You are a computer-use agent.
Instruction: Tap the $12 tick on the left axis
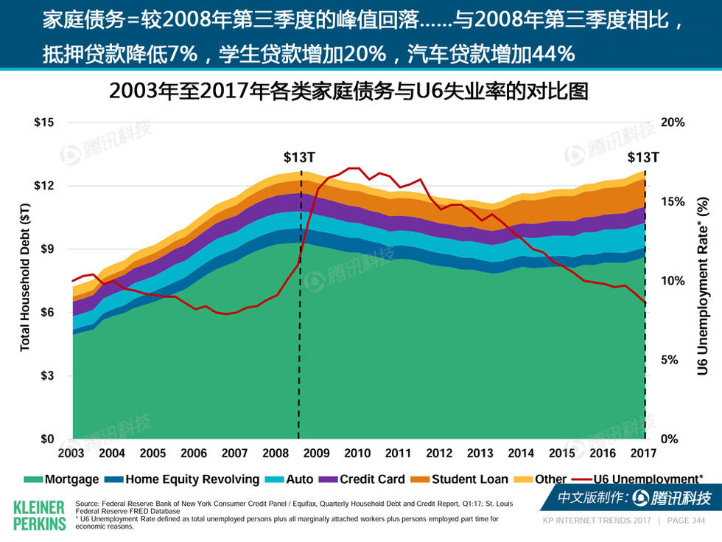(x=45, y=186)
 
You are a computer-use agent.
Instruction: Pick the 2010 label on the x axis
(x=357, y=453)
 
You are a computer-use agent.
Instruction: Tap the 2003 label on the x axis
(x=71, y=453)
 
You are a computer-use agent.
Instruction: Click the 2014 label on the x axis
(x=522, y=453)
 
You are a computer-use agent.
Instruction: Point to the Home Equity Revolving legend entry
(x=183, y=479)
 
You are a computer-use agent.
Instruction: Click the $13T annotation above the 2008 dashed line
(x=300, y=157)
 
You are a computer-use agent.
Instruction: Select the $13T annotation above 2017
(x=644, y=157)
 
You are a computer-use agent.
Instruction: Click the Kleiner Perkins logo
(x=38, y=514)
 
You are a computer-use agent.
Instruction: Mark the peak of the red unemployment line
(x=354, y=168)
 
